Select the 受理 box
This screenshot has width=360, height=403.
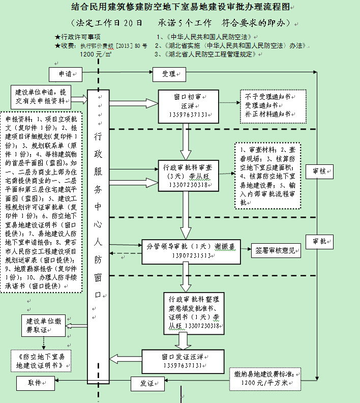tap(169, 74)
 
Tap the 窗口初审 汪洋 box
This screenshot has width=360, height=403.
tap(189, 106)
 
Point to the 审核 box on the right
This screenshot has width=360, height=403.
tap(320, 171)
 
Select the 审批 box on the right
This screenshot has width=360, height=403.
tap(320, 241)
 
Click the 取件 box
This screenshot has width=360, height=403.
tap(35, 382)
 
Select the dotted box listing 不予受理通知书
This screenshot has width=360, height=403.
tap(268, 105)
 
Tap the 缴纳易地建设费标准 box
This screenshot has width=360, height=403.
tap(265, 378)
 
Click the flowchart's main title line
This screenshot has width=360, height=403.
tap(180, 8)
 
